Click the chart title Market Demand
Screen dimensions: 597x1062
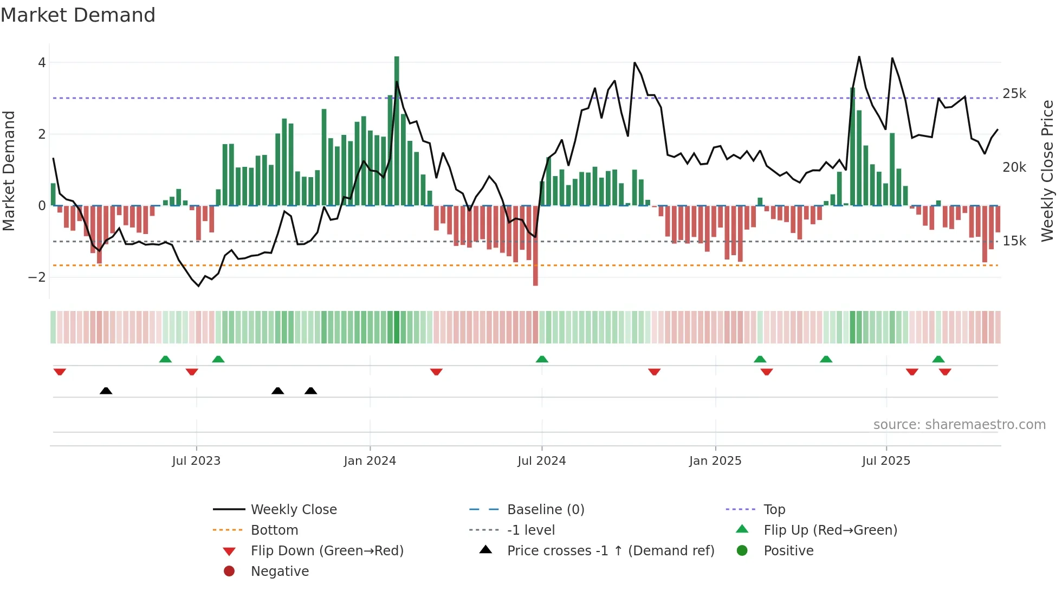coord(78,15)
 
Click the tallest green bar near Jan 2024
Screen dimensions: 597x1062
coord(397,130)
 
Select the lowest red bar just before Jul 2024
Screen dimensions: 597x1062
coord(535,246)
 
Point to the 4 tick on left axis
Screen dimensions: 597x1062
coord(42,63)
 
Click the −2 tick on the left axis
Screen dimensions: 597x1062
coord(37,277)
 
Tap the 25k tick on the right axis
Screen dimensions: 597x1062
coord(1014,94)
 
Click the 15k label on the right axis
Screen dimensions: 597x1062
coord(1014,241)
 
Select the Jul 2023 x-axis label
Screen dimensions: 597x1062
coord(196,461)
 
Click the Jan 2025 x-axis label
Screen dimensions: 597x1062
coord(715,461)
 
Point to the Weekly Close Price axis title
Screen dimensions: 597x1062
coord(1047,171)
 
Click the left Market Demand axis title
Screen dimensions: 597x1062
coord(9,171)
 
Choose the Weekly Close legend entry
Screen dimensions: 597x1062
coord(293,510)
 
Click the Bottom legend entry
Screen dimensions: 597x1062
coord(274,530)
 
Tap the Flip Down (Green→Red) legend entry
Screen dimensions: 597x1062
coord(327,551)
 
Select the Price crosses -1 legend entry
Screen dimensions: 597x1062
coord(610,551)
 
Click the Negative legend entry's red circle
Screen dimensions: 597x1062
coord(229,572)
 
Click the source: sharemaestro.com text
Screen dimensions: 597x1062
coord(959,425)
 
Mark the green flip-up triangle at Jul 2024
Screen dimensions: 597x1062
coord(542,359)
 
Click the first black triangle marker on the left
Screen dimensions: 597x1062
coord(106,391)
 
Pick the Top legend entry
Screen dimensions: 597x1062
coord(774,510)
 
